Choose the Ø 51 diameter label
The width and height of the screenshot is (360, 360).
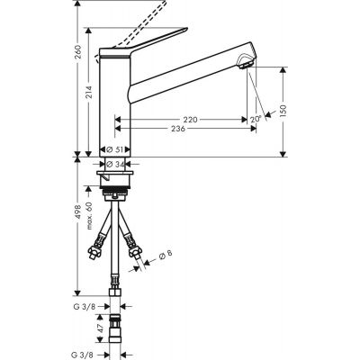pyautogui.click(x=114, y=149)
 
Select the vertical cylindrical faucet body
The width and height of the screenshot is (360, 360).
pyautogui.click(x=114, y=108)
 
